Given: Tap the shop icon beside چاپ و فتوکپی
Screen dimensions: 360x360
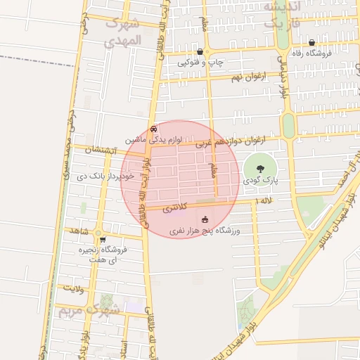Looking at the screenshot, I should [200, 52].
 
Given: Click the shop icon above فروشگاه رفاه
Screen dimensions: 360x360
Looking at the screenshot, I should [311, 43].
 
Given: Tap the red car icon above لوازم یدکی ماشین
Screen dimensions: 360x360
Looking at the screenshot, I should [154, 129].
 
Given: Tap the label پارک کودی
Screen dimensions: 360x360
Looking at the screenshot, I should [262, 181].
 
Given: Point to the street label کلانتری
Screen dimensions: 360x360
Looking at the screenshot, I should [175, 208].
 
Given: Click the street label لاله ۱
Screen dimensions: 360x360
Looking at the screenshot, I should [264, 202].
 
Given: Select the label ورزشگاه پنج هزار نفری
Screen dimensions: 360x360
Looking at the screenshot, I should [205, 231].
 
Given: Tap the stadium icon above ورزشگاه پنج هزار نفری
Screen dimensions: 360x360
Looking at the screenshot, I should [205, 219].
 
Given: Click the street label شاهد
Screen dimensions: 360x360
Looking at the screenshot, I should [77, 231].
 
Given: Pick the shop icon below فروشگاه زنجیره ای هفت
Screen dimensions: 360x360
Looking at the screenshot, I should [103, 270].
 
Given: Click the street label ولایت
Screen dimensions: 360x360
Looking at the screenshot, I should [72, 288].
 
